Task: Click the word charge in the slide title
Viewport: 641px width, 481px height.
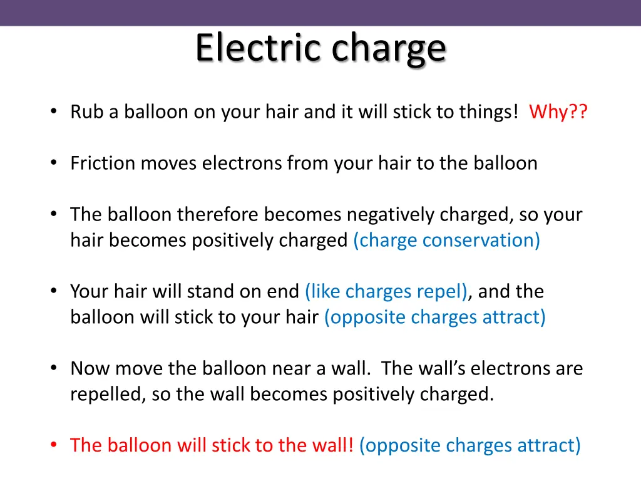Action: pos(389,49)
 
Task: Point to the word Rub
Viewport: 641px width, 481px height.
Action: pos(85,112)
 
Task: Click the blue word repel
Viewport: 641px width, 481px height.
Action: pos(444,292)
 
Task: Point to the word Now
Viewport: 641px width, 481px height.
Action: pos(87,369)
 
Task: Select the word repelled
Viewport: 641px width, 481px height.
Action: pos(105,395)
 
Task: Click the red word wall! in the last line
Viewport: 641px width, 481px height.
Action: pos(332,445)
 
